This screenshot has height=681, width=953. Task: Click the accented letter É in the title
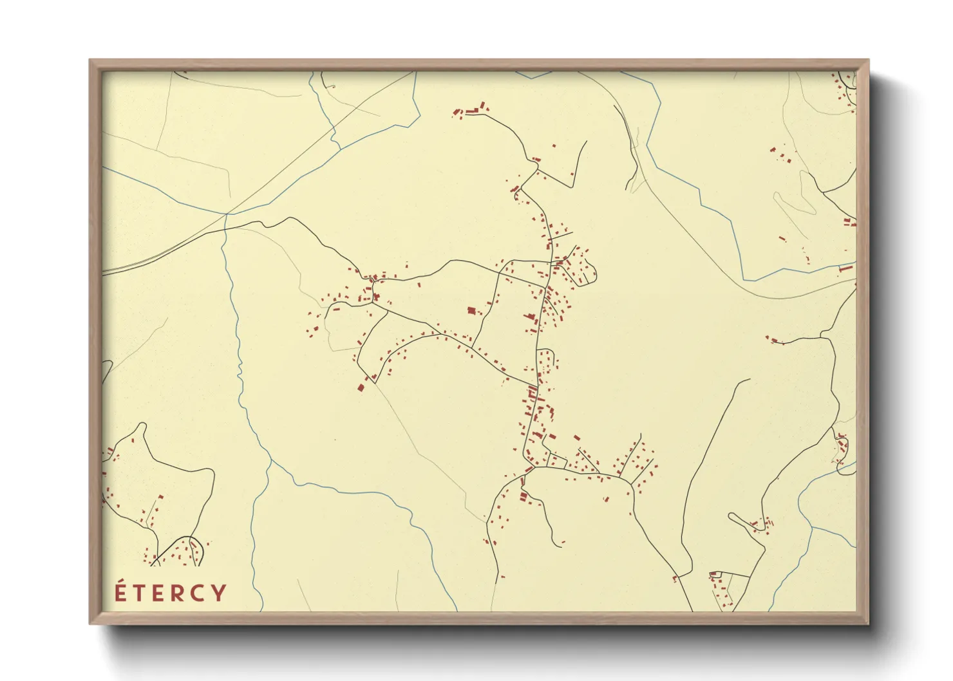click(120, 592)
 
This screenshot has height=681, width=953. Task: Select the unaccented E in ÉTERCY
click(156, 593)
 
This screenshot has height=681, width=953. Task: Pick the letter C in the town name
click(198, 593)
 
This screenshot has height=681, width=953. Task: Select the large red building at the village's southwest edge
click(361, 387)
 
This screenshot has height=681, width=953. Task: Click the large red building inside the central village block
click(471, 311)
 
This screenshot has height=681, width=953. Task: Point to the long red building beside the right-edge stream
click(845, 268)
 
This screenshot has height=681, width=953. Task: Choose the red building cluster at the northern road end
click(470, 110)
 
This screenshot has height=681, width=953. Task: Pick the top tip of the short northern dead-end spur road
click(586, 142)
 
